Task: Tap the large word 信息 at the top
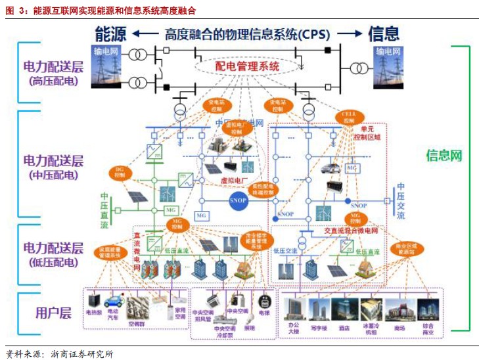pyautogui.click(x=383, y=34)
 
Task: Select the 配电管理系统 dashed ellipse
pyautogui.click(x=247, y=66)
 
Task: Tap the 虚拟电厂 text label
pyautogui.click(x=234, y=180)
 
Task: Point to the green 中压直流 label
pyautogui.click(x=104, y=210)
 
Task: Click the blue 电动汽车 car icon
pyautogui.click(x=114, y=302)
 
